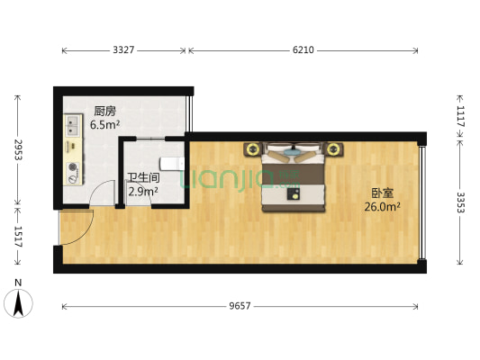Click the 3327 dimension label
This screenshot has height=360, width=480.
click(123, 50)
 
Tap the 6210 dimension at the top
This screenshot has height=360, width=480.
click(303, 50)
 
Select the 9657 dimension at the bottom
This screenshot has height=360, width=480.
click(240, 307)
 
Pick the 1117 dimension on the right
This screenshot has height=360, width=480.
click(460, 115)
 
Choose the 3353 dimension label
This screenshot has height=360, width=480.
click(460, 202)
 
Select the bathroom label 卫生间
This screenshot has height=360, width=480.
click(140, 178)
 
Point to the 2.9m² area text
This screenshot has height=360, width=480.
click(143, 191)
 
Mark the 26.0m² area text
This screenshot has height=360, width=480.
click(382, 206)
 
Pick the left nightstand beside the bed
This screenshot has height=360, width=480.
click(251, 148)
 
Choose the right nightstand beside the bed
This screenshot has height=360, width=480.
click(335, 148)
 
